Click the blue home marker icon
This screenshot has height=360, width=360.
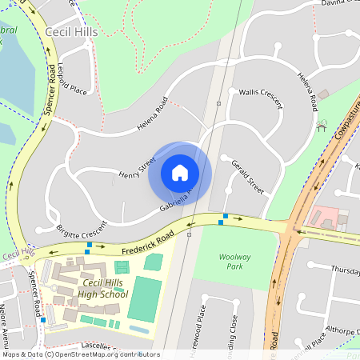tap(180, 173)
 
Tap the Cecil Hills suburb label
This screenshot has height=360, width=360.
tap(74, 33)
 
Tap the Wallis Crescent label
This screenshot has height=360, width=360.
tap(261, 98)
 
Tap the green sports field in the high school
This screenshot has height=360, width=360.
tap(145, 298)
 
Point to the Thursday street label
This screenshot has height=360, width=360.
tap(345, 269)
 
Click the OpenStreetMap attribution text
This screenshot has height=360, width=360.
tap(81, 354)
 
